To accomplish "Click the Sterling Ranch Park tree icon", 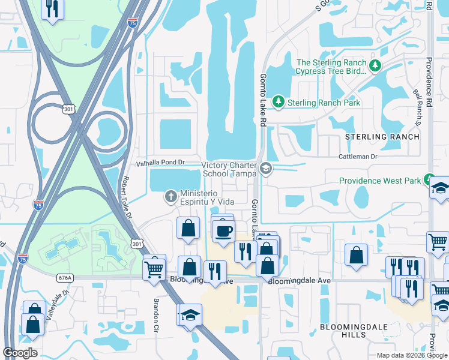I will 278,103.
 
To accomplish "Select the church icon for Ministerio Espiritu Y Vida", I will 171,196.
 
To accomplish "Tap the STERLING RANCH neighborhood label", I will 382,137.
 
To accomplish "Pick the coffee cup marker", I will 223,231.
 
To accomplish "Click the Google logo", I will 20,353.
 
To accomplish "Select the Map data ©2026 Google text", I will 411,355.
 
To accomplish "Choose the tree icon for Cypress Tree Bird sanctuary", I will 376,66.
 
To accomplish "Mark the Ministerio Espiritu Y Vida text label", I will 207,197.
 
